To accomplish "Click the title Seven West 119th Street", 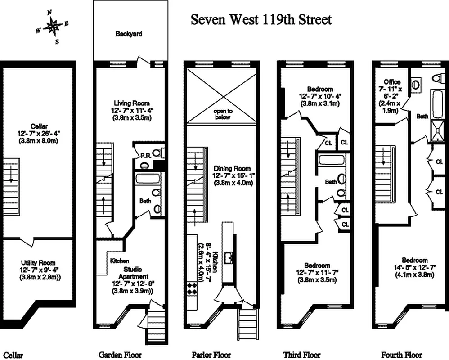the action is (x=261, y=20).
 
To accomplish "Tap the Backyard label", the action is (x=129, y=34).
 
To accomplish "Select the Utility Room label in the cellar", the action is (x=38, y=263).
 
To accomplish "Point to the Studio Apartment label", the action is (x=134, y=273).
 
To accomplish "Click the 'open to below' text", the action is (x=223, y=114).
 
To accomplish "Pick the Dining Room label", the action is (x=232, y=168).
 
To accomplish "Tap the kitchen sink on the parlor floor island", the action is (x=228, y=257).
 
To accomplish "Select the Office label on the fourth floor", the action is (x=392, y=82).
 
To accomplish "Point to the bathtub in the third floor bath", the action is (x=332, y=159).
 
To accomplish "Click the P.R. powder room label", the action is (x=146, y=156).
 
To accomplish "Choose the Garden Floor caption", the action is (x=120, y=355).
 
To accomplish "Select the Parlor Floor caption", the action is (x=211, y=355).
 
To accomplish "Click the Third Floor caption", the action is (x=302, y=355).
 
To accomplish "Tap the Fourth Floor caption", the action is (x=401, y=355).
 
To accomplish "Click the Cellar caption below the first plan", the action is (x=13, y=355).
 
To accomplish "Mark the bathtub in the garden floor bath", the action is (x=148, y=179).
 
